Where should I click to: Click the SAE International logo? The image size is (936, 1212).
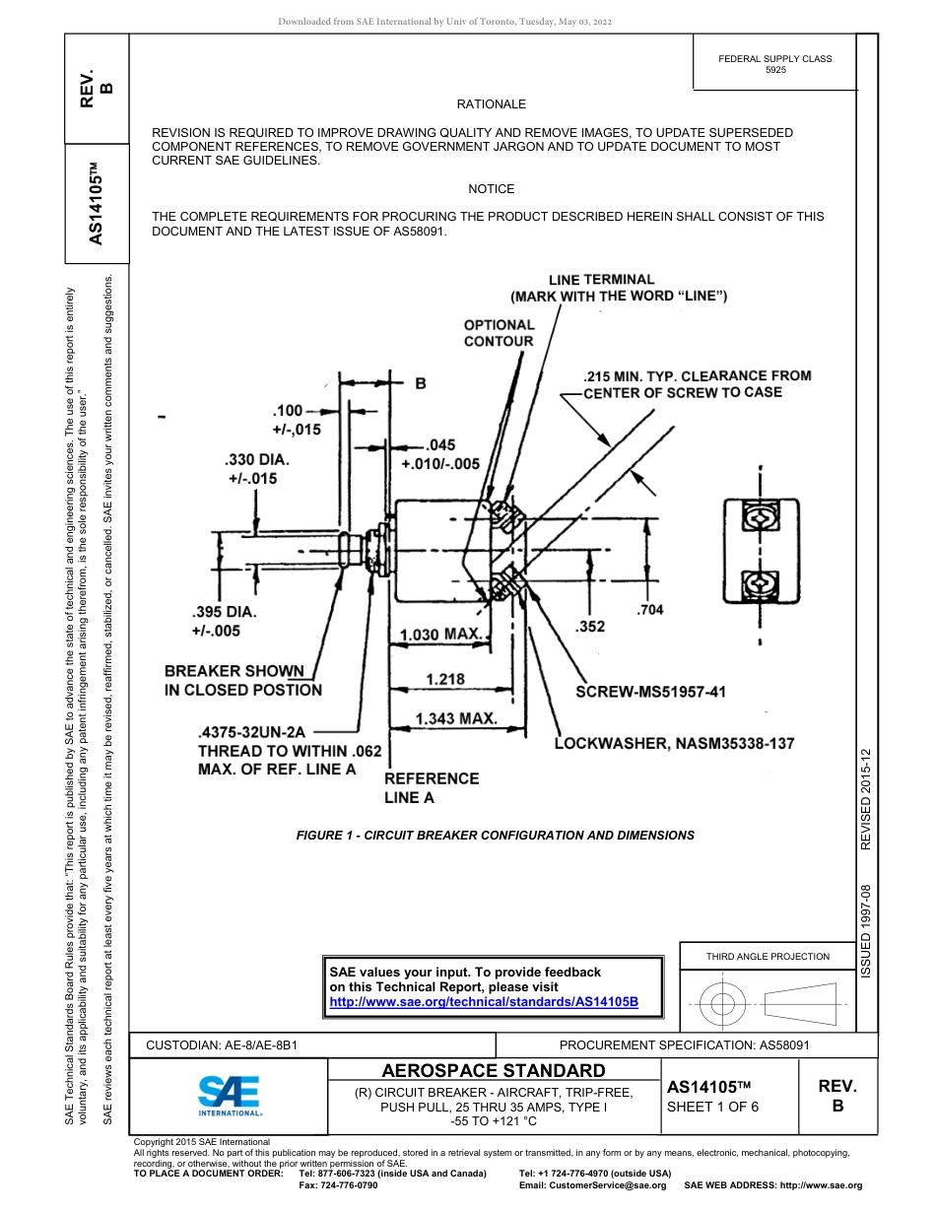(x=230, y=1094)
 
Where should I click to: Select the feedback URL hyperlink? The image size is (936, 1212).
(x=484, y=1001)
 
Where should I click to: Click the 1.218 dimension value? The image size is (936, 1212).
(x=444, y=679)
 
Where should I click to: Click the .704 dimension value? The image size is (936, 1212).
(x=650, y=610)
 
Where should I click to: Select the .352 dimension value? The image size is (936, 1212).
(x=589, y=627)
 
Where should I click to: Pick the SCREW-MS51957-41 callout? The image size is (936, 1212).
(x=650, y=692)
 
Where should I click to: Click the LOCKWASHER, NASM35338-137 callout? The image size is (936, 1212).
(x=674, y=743)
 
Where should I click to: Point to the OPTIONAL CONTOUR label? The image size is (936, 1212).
(x=499, y=333)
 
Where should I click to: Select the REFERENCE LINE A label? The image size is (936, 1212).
(x=432, y=787)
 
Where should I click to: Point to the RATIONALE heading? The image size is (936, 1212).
(x=491, y=104)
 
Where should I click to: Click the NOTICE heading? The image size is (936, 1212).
(x=491, y=189)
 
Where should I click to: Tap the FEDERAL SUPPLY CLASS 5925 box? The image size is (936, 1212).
(x=774, y=64)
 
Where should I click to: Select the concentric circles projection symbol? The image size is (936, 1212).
(x=723, y=1006)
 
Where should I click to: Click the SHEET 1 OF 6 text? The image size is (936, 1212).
(x=712, y=1107)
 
